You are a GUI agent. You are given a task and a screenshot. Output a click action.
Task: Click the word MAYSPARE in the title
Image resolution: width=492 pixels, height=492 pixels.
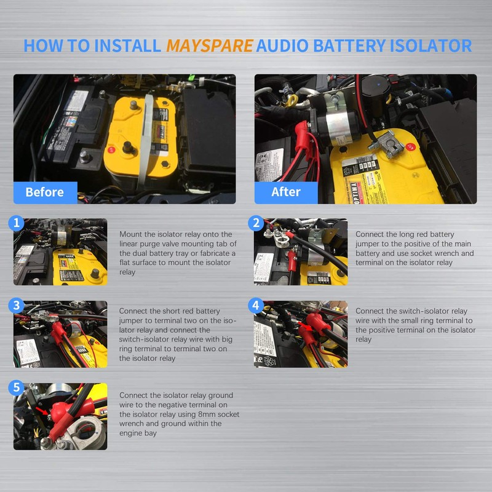[x=209, y=46]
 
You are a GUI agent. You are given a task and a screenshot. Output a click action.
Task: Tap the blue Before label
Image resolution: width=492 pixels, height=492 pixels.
[x=44, y=192]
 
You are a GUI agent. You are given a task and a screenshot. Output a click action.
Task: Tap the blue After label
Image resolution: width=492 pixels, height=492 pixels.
[x=286, y=192]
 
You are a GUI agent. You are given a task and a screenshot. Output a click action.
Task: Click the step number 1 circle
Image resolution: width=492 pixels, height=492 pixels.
[x=18, y=223]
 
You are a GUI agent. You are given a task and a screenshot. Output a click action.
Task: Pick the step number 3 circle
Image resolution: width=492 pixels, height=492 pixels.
[x=18, y=305]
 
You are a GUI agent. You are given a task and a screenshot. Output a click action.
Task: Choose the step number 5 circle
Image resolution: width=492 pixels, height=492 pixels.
[x=18, y=387]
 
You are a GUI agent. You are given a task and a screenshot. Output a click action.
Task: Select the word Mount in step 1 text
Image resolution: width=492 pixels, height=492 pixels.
[x=131, y=234]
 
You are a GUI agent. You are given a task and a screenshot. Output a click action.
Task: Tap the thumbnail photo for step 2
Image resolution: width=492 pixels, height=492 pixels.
[x=301, y=252]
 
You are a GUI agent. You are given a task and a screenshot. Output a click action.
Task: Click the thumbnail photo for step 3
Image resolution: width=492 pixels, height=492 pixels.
[x=60, y=334]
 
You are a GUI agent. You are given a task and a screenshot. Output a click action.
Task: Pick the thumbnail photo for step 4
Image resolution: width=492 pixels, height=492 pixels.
[x=301, y=334]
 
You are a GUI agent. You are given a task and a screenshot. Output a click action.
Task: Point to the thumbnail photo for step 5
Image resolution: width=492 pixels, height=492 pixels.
[x=60, y=416]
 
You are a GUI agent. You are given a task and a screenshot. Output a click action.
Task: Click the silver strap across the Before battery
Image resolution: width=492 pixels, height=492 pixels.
[x=146, y=138]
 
